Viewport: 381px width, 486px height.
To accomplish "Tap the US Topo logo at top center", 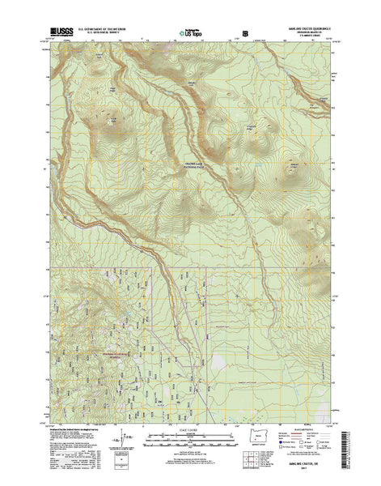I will [x=190, y=35].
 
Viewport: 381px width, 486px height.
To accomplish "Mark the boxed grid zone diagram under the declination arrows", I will [x=121, y=466].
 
